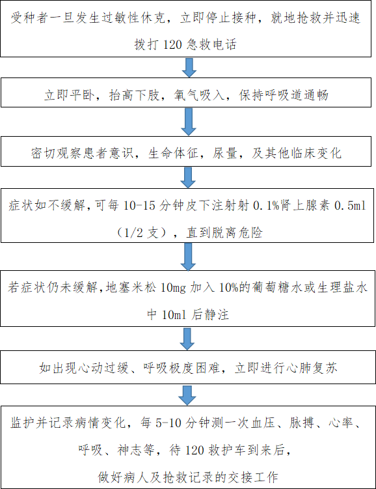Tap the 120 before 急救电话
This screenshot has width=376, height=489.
172,44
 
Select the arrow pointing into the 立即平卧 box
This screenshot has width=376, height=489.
189,67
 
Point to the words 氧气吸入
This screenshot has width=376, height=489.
199,95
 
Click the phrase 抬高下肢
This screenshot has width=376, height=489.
134,95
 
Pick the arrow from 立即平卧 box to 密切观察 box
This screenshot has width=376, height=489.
189,122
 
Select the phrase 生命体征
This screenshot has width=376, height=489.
173,153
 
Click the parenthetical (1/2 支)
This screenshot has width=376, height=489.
142,232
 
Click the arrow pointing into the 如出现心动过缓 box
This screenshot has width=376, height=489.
187,339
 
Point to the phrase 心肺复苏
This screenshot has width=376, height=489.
312,368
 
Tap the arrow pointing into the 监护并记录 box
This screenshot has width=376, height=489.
187,395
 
